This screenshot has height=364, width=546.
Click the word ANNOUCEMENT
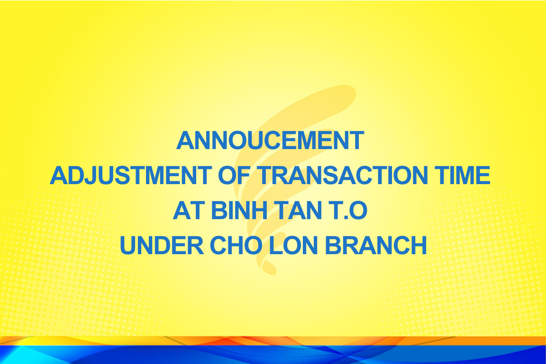tap(270, 141)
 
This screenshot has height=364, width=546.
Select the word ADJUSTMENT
tap(131, 175)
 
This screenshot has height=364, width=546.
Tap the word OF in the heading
tap(234, 175)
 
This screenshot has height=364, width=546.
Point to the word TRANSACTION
tap(343, 175)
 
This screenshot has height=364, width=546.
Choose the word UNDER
tap(162, 246)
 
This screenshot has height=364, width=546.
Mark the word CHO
tap(236, 246)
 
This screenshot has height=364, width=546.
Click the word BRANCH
tap(376, 246)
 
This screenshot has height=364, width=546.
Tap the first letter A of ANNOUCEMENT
tap(186, 141)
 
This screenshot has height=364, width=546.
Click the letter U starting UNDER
tap(127, 246)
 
